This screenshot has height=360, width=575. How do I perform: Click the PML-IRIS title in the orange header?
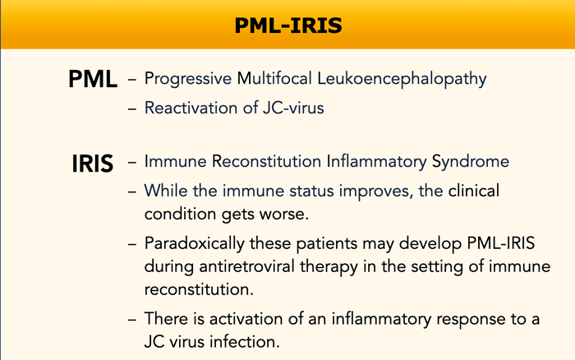288,25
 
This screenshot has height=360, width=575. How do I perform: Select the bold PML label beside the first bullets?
93,79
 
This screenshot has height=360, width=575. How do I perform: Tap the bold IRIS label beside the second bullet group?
92,164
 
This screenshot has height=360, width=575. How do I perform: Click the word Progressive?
188,79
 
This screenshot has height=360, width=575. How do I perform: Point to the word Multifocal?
274,78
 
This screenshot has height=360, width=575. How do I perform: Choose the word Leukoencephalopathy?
402,79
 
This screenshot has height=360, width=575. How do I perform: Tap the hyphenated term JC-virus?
293,108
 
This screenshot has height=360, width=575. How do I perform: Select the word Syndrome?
471,162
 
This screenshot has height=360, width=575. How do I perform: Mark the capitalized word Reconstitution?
266,161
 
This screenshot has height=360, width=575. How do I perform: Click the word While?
166,191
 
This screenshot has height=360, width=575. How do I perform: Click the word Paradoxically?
195,244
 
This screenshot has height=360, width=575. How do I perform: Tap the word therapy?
329,267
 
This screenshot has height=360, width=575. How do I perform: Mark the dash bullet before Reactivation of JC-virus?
132,109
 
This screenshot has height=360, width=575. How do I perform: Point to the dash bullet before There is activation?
132,320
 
